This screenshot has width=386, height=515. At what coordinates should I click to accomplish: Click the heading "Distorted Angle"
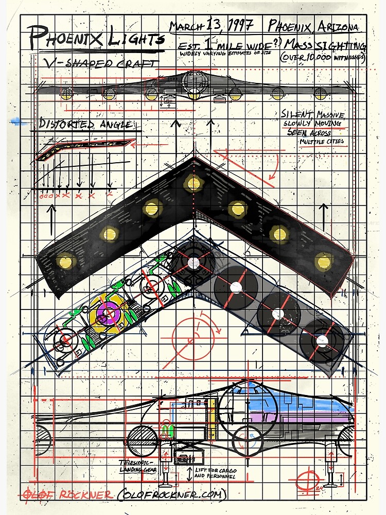85,125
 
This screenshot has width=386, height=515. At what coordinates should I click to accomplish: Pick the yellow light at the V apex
194,183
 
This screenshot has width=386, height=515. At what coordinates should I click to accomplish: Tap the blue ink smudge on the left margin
20,122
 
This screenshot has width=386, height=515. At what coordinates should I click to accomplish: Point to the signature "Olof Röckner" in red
67,495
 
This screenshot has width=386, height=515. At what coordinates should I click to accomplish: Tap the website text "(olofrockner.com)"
172,495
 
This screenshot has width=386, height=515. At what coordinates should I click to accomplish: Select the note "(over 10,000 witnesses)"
322,58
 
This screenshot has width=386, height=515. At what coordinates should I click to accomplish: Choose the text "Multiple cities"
322,141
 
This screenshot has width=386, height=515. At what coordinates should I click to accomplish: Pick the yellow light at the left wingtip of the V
65,261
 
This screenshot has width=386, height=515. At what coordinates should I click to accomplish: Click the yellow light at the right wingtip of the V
323,261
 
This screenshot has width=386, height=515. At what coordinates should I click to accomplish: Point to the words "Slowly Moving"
315,124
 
